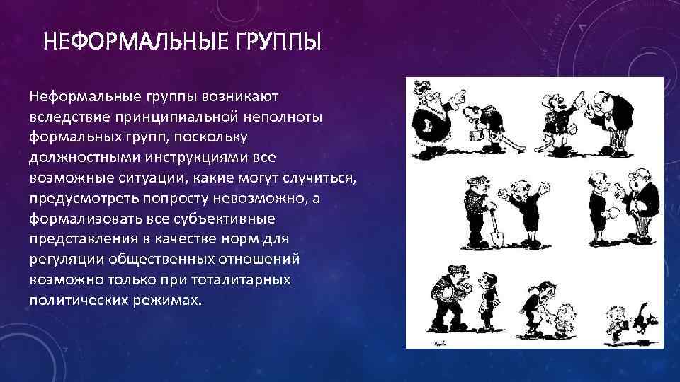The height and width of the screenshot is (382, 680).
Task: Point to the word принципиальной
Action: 174,116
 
